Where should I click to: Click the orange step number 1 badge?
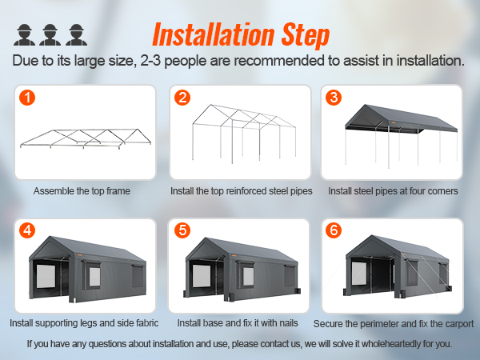coord(29,98)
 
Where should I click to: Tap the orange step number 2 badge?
coord(183,98)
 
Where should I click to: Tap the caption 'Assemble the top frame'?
coord(82,191)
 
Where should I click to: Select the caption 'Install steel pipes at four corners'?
coord(392,191)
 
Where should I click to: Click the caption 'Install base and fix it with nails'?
coord(238,323)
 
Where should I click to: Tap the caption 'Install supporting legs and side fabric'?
coord(84,323)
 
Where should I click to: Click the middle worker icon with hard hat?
coord(50,34)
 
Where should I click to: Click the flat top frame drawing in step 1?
coord(80,136)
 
